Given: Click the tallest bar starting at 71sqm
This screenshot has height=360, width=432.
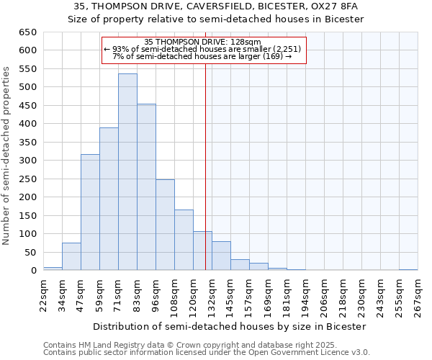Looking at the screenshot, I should click(x=127, y=172).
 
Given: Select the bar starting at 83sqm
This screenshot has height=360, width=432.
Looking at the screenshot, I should click(x=146, y=187).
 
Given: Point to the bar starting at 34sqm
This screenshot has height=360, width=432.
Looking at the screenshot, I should click(x=71, y=256).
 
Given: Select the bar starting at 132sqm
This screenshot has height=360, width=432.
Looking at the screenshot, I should click(x=221, y=256).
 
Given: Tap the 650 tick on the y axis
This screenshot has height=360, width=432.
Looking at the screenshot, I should click(x=27, y=32).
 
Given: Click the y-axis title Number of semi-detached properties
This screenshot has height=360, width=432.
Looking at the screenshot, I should click(x=6, y=155).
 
